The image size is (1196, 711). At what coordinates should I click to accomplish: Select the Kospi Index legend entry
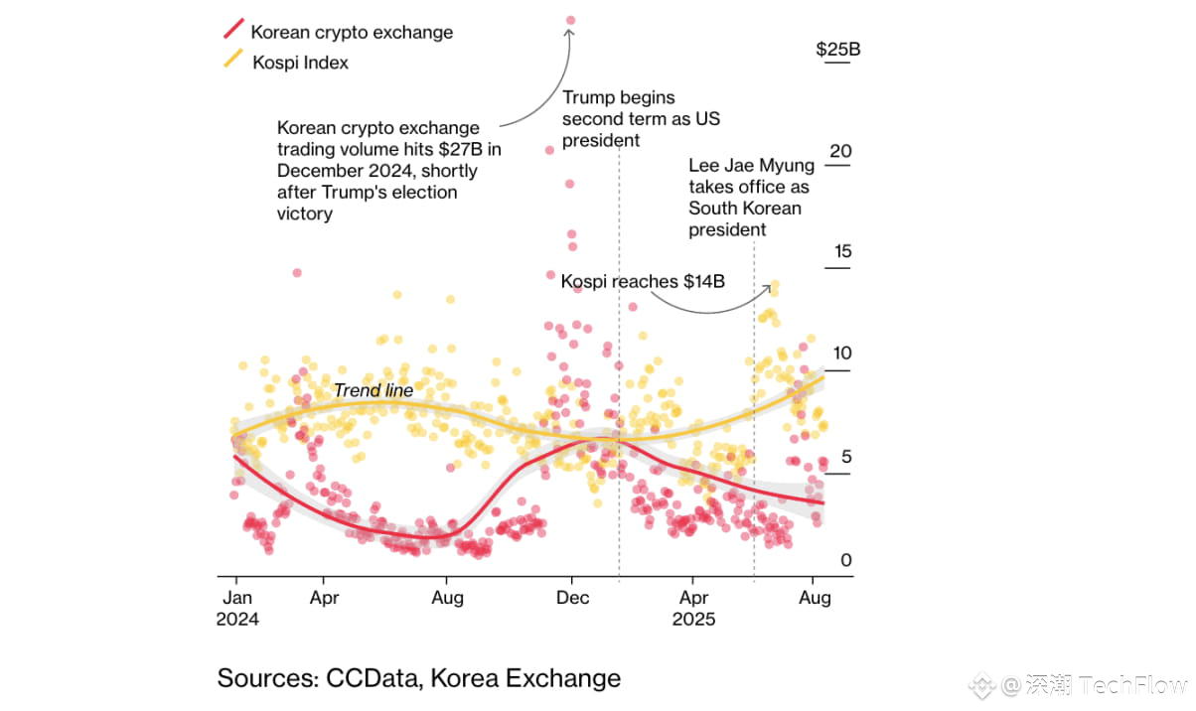[x=299, y=62]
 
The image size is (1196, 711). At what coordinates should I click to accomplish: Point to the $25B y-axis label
[x=837, y=50]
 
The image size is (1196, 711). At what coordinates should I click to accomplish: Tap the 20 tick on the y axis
[x=840, y=151]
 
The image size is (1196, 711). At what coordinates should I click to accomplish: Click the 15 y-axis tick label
[x=841, y=252]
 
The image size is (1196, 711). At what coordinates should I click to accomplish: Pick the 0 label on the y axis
[x=845, y=560]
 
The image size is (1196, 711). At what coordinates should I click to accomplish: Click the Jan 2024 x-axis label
[x=237, y=608]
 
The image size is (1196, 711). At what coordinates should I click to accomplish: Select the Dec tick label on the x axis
[x=572, y=598]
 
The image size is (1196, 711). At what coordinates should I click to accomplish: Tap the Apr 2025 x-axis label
[x=693, y=608]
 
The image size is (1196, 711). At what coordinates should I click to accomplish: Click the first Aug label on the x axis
[x=447, y=598]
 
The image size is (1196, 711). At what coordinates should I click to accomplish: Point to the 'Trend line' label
[x=373, y=390]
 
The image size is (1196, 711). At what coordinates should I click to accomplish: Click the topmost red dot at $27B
[x=570, y=20]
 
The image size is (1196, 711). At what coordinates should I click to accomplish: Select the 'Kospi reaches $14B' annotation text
[x=643, y=281]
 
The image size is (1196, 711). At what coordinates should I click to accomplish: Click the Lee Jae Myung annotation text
[x=750, y=198]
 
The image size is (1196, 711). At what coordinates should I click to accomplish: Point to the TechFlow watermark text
[x=1131, y=684]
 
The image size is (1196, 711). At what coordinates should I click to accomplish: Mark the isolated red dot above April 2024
[x=297, y=272]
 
